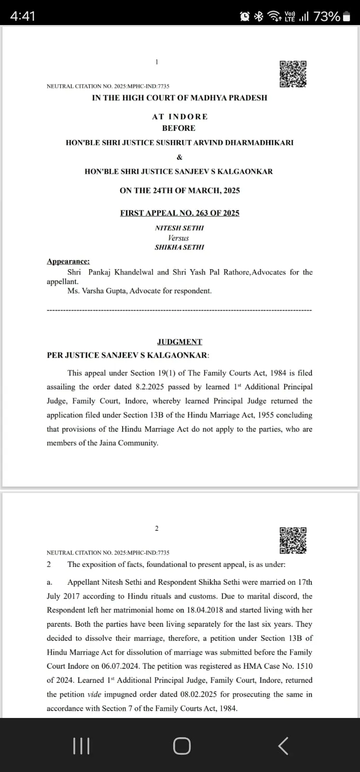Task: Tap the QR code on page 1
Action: click(x=293, y=74)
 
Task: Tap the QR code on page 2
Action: click(x=293, y=540)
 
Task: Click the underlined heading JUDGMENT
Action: click(x=180, y=342)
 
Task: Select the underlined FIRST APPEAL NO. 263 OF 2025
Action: click(x=180, y=213)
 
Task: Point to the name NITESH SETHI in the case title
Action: click(x=180, y=228)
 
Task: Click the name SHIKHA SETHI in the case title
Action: click(x=180, y=247)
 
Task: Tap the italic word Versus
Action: click(x=179, y=238)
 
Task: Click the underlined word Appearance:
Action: click(x=68, y=262)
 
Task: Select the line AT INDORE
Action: click(x=180, y=117)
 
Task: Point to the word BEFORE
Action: click(x=179, y=128)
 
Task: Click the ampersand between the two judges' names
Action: click(x=180, y=157)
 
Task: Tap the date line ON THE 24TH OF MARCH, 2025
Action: click(x=180, y=190)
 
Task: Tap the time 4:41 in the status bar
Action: click(x=23, y=16)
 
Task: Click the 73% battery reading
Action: click(x=327, y=16)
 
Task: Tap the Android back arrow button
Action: click(x=283, y=746)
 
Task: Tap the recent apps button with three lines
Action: click(x=81, y=746)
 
